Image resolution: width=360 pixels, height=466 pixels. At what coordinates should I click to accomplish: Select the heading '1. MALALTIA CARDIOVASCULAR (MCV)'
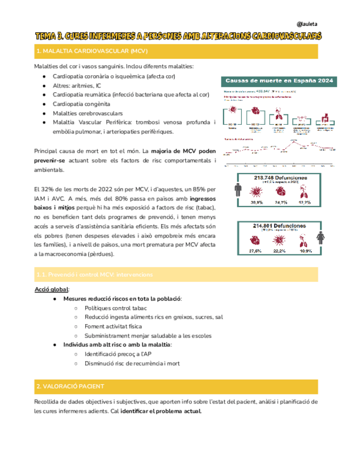pos(84,51)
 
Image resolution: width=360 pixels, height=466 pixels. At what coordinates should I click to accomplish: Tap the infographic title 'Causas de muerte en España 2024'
pos(280,81)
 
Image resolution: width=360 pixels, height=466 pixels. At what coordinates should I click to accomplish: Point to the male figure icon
pos(238,190)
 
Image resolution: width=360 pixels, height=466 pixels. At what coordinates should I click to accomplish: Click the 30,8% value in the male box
pos(257,203)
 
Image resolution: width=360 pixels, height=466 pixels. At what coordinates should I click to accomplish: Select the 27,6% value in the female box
pos(256,251)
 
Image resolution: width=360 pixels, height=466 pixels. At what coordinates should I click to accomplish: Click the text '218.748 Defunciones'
pos(280,178)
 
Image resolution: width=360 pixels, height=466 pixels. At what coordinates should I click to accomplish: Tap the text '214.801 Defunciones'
pos(280,226)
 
